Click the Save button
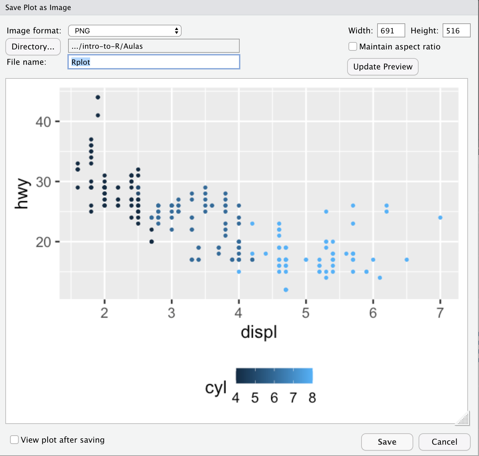point(387,442)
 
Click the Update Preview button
point(383,67)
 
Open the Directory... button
point(33,47)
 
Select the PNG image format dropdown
point(125,31)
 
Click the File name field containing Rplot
point(154,62)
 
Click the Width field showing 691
point(391,31)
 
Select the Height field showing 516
point(456,31)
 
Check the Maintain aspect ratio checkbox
point(353,46)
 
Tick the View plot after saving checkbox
point(14,440)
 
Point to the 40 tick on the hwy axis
point(43,122)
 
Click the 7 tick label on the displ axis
point(440,313)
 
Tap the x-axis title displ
point(259,332)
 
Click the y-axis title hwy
point(22,194)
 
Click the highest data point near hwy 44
point(98,97)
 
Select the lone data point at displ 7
point(440,218)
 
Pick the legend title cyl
point(216,388)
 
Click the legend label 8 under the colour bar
point(312,398)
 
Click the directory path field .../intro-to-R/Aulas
point(154,46)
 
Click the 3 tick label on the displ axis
point(171,313)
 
